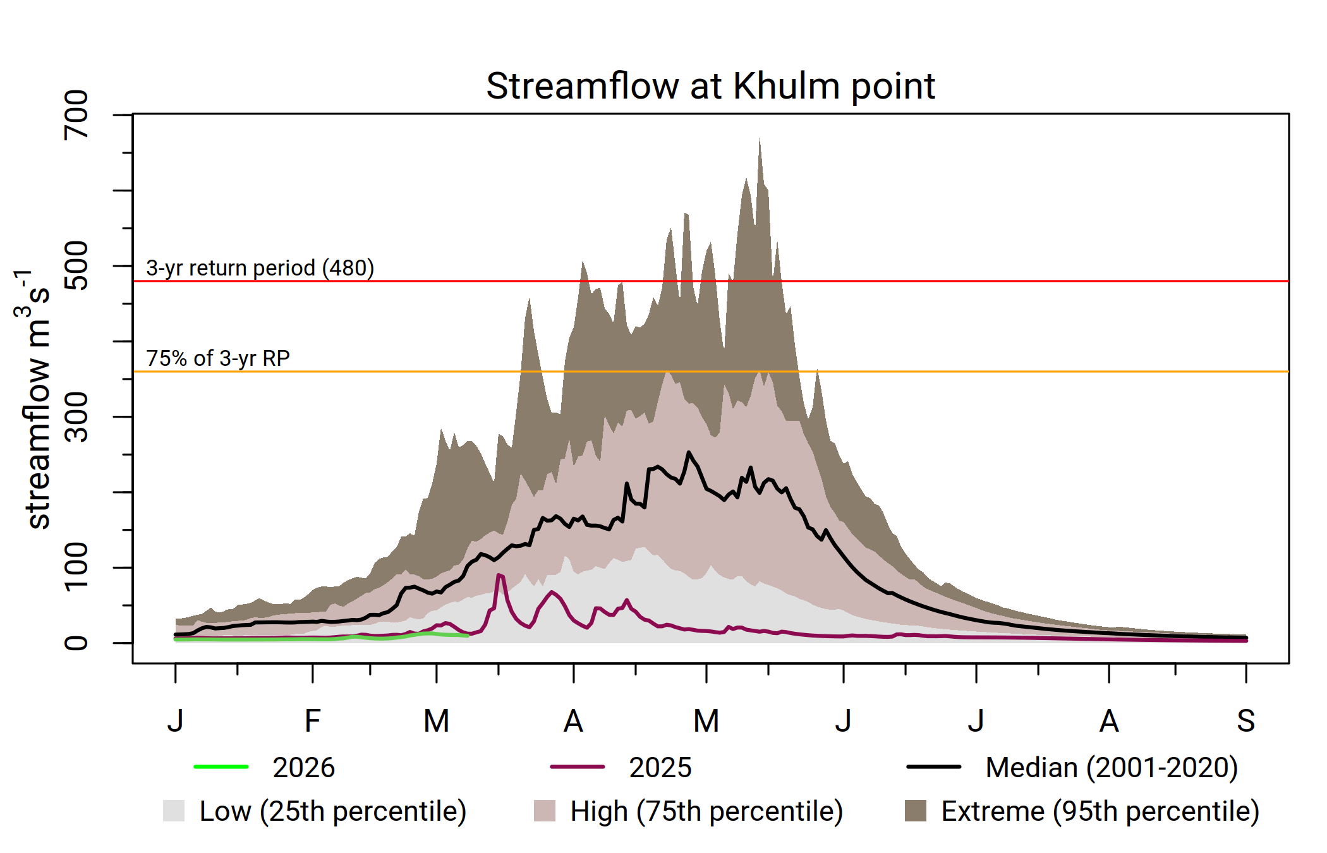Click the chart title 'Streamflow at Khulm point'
coord(710,86)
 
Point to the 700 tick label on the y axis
coord(76,114)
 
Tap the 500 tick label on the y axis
coord(76,265)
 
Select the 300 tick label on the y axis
coord(76,416)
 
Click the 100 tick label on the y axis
coord(76,567)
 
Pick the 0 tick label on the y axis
coord(76,643)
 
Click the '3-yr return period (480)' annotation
coord(260,268)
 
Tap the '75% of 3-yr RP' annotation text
coord(218,358)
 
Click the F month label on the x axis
coord(312,721)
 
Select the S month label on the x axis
coord(1245,721)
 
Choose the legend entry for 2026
coord(303,768)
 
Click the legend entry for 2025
coord(660,768)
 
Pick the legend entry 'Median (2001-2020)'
coord(1111,768)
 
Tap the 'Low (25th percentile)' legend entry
coord(332,811)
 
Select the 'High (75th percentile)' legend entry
coord(706,811)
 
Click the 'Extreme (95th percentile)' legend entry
coord(1100,811)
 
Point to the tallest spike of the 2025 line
coord(499,574)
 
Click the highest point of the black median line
coord(689,452)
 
